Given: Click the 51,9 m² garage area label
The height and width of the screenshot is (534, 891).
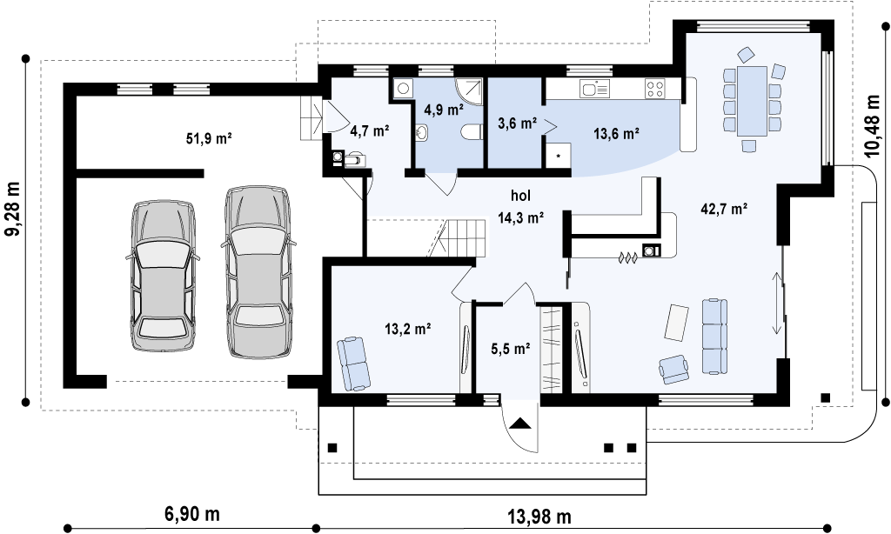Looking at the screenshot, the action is click(x=209, y=138).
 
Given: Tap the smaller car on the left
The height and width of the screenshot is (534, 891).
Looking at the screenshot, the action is click(x=163, y=276).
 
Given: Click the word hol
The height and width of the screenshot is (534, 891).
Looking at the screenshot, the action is click(x=520, y=196).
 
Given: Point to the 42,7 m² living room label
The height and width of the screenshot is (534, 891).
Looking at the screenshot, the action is click(x=724, y=209).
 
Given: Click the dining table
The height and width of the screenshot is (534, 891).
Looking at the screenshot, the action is click(x=752, y=101).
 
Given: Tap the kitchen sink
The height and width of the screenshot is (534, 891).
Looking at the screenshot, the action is click(x=593, y=89).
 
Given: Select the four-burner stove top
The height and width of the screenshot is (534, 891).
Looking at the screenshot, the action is click(x=654, y=89).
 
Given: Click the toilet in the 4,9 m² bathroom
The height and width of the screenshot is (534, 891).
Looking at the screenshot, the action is click(x=471, y=132).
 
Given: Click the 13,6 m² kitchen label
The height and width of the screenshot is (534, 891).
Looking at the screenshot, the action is click(x=617, y=134).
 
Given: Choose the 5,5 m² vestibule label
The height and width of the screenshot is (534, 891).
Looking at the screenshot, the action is click(x=511, y=349).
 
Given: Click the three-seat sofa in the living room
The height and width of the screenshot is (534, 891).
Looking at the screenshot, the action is click(x=715, y=337).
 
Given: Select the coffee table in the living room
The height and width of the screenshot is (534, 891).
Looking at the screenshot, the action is click(x=676, y=323).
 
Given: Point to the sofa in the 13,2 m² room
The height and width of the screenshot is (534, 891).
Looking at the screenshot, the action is click(x=352, y=364).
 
